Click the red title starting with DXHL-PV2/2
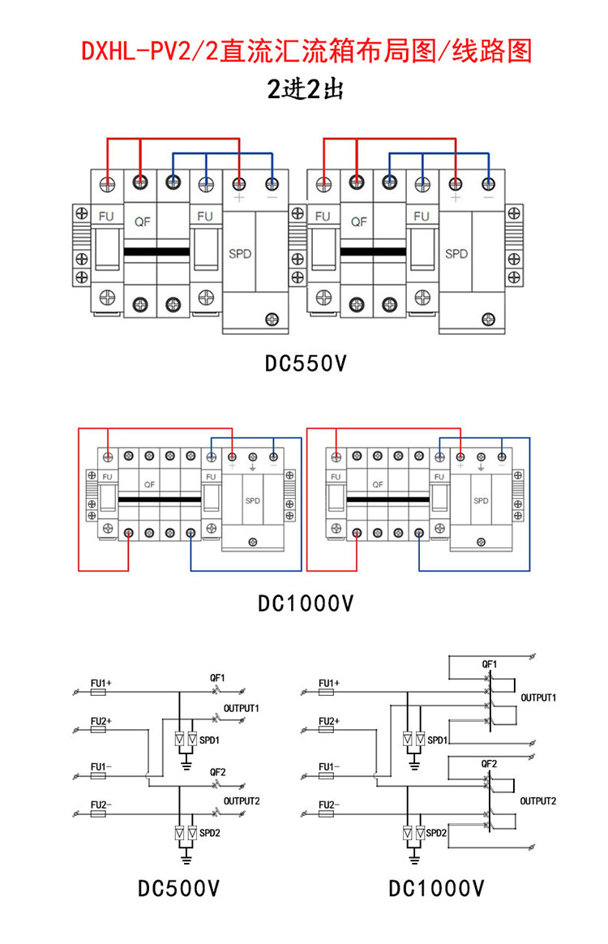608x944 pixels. pos(306,51)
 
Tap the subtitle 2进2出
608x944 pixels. pos(305,90)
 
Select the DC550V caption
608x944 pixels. pos(306,363)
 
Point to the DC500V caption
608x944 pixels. pos(179,888)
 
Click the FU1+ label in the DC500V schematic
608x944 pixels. pos(101,684)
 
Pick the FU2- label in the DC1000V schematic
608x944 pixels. pos(328,805)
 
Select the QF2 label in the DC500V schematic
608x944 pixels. pos(218,772)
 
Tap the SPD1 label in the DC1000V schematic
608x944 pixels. pos(437,740)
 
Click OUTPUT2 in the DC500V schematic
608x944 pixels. pos(242,801)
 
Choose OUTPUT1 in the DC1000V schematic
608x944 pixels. pos(538,697)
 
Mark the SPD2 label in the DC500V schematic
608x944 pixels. pos(209,833)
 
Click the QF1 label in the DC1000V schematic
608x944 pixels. pos(490,664)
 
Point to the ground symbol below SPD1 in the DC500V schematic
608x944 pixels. pos(186,765)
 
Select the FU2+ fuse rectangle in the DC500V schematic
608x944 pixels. pos(98,730)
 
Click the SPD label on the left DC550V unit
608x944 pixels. pos(240,254)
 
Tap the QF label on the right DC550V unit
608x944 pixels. pos(359,221)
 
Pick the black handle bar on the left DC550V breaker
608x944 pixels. pos(156,252)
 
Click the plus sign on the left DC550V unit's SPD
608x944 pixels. pos(239,197)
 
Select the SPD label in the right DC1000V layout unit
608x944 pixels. pos(481,501)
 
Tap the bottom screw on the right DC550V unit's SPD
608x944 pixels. pos(488,320)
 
